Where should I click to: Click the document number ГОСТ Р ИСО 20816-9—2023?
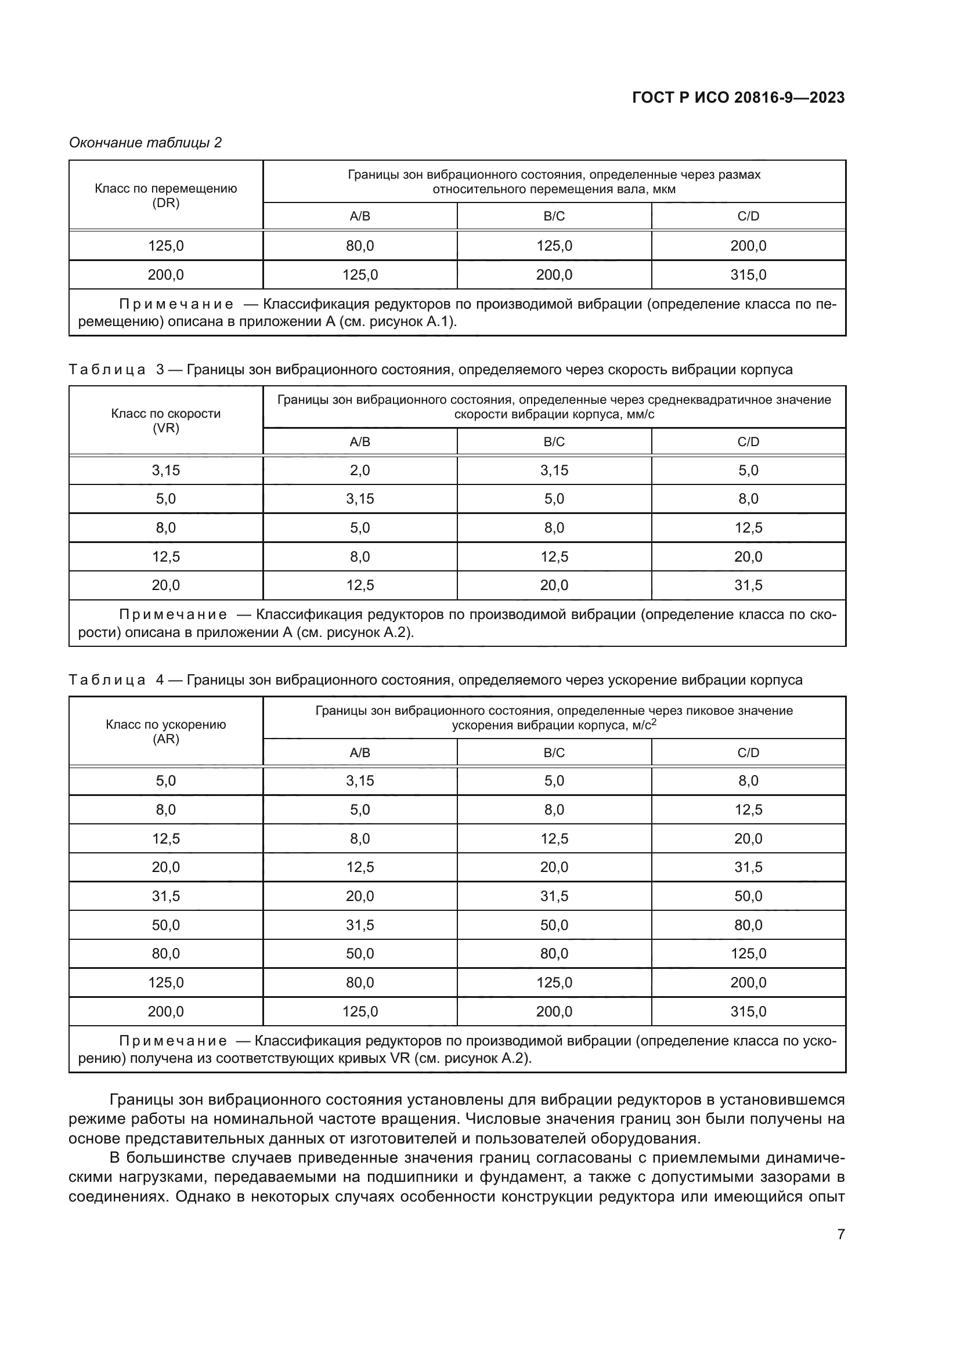(x=738, y=97)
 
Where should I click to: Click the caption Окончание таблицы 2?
(x=146, y=143)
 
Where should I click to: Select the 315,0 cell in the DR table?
(x=748, y=275)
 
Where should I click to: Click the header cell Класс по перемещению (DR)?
(x=165, y=195)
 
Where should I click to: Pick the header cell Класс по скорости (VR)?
(x=165, y=421)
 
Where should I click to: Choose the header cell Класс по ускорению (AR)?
(x=165, y=732)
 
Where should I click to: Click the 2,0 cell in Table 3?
(x=359, y=471)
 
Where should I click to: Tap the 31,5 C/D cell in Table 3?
(x=748, y=585)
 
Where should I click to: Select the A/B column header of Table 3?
(x=359, y=442)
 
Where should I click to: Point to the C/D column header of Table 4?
(x=748, y=752)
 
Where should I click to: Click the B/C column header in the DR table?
(x=554, y=216)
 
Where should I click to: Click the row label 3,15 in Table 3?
(x=165, y=471)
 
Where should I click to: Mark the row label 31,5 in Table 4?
(x=165, y=896)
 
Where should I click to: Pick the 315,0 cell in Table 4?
(x=748, y=1011)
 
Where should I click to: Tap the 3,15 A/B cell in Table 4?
(x=359, y=781)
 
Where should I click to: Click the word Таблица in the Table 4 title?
(x=107, y=680)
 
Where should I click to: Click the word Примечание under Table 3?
(x=172, y=614)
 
